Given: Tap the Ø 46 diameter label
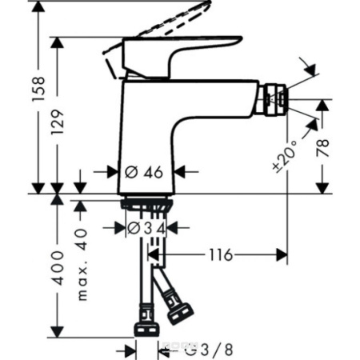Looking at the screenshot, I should (x=144, y=170).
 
